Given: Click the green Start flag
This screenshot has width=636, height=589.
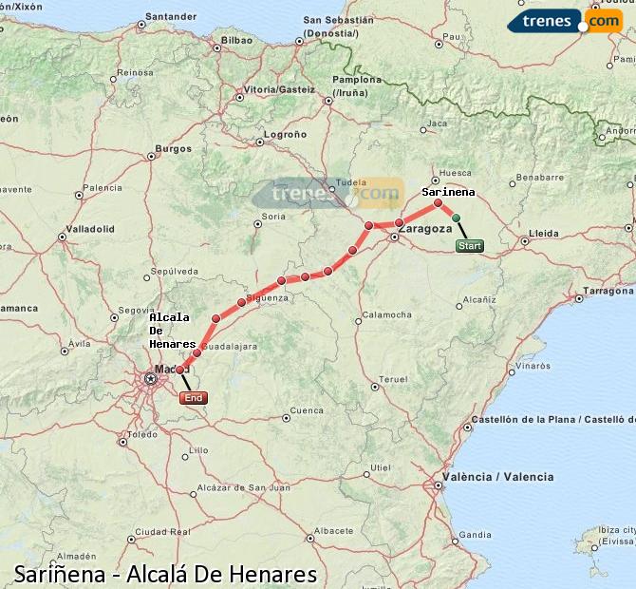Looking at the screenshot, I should [469, 246].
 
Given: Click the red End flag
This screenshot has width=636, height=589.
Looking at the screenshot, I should [193, 398].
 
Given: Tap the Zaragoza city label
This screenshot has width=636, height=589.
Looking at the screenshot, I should [424, 229].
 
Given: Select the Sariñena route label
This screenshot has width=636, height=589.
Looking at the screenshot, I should [448, 192].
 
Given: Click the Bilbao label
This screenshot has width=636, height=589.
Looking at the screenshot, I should [236, 41].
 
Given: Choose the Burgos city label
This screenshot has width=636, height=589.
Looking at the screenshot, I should [174, 148].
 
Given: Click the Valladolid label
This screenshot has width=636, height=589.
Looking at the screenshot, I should [91, 229].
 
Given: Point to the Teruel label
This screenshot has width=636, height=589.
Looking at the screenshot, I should [393, 379].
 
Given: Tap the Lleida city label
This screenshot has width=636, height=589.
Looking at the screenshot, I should [544, 232].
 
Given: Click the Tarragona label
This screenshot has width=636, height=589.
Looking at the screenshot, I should [608, 290].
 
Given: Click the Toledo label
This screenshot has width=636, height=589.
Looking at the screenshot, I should [142, 434].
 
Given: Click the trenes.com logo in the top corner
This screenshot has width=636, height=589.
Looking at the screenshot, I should [564, 20].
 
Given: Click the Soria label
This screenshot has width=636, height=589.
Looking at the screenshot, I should [273, 217].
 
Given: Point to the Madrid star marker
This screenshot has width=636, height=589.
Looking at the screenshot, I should [150, 379].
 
